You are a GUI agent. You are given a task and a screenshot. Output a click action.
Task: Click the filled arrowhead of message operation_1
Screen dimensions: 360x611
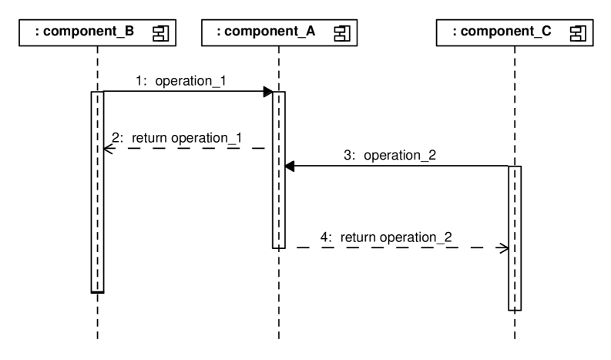pos(267,92)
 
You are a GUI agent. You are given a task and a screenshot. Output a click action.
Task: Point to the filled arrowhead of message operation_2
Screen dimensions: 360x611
pos(290,166)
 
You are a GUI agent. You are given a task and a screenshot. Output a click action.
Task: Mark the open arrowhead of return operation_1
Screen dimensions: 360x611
pos(109,149)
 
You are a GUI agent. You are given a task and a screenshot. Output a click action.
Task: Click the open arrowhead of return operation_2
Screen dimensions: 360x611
pos(503,248)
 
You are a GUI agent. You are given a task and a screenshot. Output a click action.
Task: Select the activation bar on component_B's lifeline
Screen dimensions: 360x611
pos(97,193)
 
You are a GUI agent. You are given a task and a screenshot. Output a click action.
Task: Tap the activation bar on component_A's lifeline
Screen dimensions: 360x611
pos(278,170)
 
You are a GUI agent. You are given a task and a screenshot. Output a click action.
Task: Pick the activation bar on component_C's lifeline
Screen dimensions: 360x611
pos(515,237)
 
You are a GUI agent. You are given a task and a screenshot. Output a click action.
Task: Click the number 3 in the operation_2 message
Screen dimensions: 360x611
pos(348,155)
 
